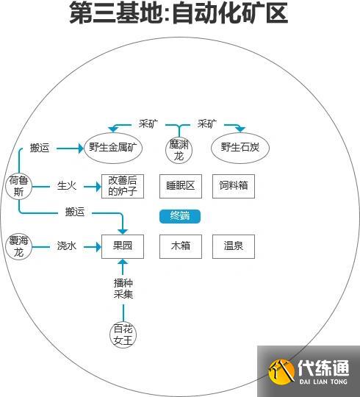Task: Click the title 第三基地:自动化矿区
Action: (x=179, y=14)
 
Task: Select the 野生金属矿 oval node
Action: (x=113, y=148)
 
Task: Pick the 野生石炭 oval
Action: (x=240, y=148)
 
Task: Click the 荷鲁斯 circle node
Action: (x=18, y=185)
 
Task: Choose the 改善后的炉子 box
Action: (x=123, y=186)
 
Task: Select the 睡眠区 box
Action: (x=180, y=186)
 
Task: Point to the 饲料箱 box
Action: (x=234, y=186)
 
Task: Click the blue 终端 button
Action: (x=180, y=215)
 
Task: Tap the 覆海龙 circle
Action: (x=18, y=246)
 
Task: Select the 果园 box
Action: (x=123, y=246)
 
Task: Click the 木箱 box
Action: (x=180, y=246)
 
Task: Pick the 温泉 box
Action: (x=234, y=246)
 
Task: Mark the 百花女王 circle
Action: (x=123, y=335)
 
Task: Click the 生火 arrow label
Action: (x=67, y=186)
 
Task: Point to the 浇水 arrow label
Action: (x=67, y=246)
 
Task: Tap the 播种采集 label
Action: (x=123, y=288)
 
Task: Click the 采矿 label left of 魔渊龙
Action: (x=148, y=123)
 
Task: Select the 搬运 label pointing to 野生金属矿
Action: (x=40, y=148)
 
